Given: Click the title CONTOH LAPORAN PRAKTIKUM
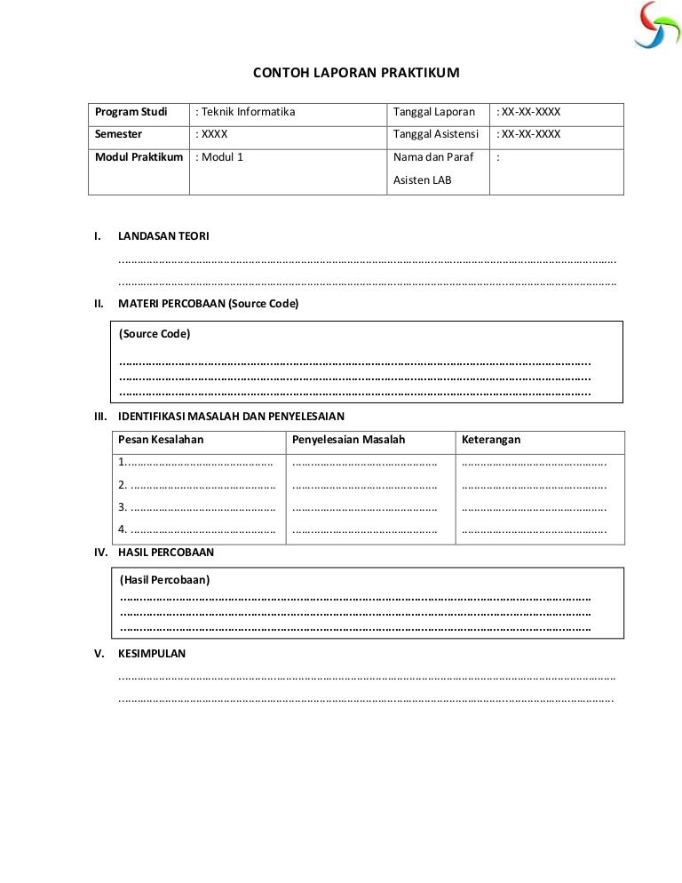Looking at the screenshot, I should point(357,73).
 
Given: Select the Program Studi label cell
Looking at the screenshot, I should point(131,112).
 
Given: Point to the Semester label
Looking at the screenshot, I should point(119,134).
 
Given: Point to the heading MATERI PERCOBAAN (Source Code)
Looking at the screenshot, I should point(208,304).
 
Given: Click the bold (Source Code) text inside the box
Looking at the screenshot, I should point(155,334).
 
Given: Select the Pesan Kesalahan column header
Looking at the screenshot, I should point(161,440).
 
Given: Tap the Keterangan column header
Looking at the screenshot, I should point(491,440).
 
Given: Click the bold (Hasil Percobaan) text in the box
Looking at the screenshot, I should point(164,580).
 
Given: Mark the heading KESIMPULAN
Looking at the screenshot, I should point(152,653).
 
